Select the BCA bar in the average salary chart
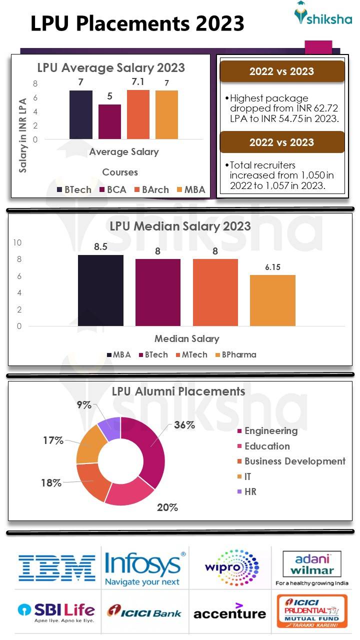pos(109,121)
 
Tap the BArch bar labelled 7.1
pos(138,114)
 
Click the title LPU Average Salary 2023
pos(111,67)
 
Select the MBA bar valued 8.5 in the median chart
pos(100,290)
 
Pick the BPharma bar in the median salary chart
pos(272,300)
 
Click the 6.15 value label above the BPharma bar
pos(272,267)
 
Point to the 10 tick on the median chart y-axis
pos(17,242)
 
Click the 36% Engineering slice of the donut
pos(150,450)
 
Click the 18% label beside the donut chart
pos(51,483)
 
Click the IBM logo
pos(56,567)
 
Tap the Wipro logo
pos(231,567)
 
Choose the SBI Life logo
pos(56,612)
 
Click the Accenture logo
pos(229,611)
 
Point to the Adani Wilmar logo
pos(312,567)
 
